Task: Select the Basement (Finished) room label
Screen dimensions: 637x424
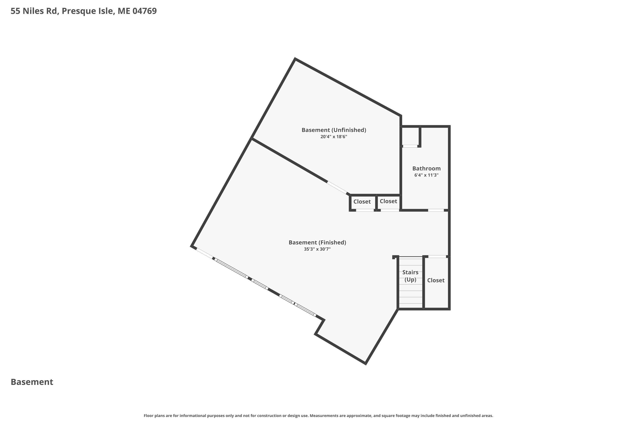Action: [317, 243]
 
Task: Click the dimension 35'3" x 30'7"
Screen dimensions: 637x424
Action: [317, 249]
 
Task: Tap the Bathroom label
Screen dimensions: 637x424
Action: [426, 169]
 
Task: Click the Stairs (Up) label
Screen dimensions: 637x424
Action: [410, 276]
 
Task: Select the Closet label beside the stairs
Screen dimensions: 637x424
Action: [436, 280]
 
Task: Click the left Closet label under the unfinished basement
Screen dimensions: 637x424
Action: [362, 202]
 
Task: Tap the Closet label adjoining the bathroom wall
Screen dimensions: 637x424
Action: [388, 201]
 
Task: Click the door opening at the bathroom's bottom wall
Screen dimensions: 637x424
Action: [436, 210]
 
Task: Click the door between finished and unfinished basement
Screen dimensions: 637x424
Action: [337, 188]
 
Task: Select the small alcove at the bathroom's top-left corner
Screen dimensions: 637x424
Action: [410, 136]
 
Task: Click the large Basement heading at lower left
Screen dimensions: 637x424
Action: [32, 382]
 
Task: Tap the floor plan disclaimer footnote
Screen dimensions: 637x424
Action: [318, 416]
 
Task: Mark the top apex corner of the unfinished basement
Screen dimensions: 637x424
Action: [295, 59]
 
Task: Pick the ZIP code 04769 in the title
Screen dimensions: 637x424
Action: [145, 11]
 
